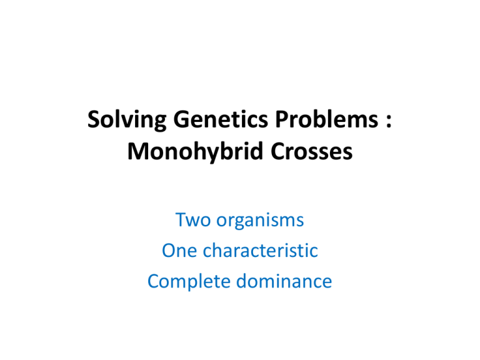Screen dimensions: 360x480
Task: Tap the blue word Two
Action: point(192,221)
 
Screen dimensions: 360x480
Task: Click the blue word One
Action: point(179,252)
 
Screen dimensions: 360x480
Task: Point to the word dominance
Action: point(285,282)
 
